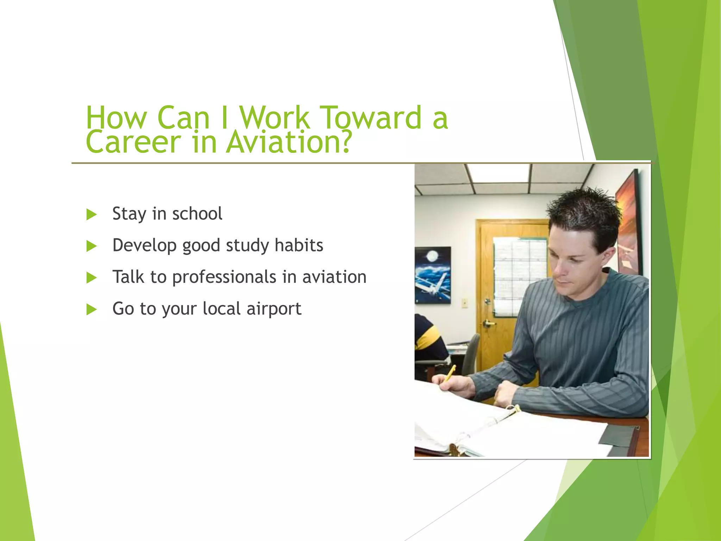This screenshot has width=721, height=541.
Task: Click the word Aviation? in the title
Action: tap(289, 142)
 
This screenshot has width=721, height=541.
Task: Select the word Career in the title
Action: tap(133, 142)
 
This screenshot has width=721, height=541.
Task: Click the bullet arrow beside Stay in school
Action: tap(92, 214)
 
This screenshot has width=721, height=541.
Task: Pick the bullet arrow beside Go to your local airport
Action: tap(92, 309)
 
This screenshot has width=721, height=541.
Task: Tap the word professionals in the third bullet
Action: tap(224, 277)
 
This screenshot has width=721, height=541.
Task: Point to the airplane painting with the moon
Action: tap(433, 275)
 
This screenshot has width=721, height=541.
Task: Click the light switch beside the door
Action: tap(465, 302)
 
